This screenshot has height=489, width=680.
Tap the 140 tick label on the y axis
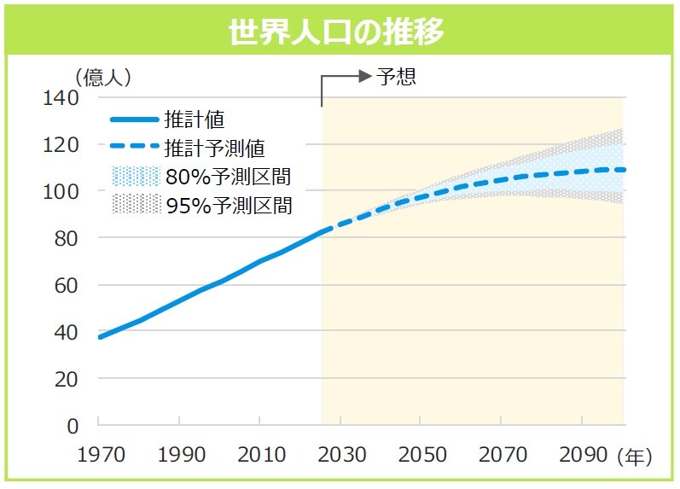coord(61,98)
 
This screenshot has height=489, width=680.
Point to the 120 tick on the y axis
coord(61,145)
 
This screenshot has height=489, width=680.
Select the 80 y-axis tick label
coord(67,239)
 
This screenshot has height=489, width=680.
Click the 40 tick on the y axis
coord(67,332)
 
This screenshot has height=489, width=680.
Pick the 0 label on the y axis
coord(72,425)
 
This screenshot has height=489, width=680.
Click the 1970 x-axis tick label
coord(99,456)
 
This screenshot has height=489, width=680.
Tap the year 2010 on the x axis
coord(259,456)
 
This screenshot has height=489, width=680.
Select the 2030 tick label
coord(340,456)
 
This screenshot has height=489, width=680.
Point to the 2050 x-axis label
coord(420,456)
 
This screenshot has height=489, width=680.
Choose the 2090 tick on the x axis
coord(581,456)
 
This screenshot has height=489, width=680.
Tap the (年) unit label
coord(634,457)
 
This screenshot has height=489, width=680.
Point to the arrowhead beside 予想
coord(367,77)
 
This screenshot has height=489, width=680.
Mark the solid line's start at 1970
coord(100,337)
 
